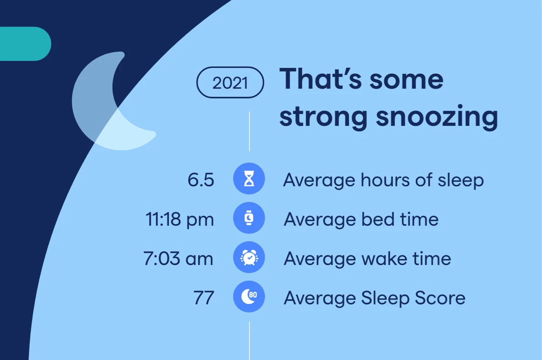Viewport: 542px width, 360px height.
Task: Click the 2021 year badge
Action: (x=230, y=83)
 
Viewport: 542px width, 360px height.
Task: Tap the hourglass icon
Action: (x=249, y=178)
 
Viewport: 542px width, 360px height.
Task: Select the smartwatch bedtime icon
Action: (x=249, y=218)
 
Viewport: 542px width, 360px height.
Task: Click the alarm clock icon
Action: (x=249, y=257)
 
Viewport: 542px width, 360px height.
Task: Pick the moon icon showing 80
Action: (x=249, y=296)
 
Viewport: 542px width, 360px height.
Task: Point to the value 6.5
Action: (x=201, y=180)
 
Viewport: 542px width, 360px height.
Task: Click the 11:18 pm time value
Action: (x=180, y=220)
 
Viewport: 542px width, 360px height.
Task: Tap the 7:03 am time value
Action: (x=178, y=259)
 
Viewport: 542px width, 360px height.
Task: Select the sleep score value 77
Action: (x=204, y=298)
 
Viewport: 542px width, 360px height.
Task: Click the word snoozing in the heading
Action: (x=437, y=117)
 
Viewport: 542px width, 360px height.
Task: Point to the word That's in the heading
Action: (x=321, y=79)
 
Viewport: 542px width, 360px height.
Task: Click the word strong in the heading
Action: (x=323, y=117)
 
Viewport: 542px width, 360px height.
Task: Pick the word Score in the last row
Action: (x=440, y=298)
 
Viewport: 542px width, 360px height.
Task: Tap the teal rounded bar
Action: (x=25, y=44)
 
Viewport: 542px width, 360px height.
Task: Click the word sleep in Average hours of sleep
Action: (x=461, y=181)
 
